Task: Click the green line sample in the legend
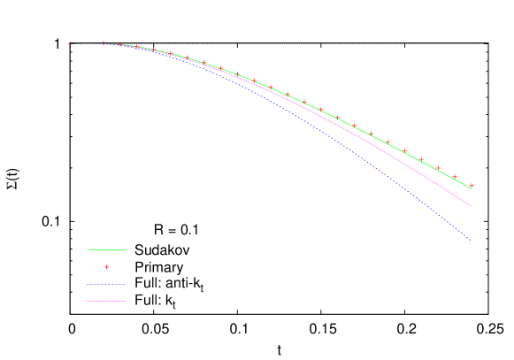coord(106,250)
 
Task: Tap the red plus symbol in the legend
coord(106,267)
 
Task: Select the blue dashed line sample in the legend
coord(106,285)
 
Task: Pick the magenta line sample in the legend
coord(106,302)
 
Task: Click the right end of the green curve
coord(472,188)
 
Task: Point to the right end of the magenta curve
coord(472,206)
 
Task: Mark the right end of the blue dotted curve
coord(471,240)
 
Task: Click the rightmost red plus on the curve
coord(472,186)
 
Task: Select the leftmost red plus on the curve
coord(70,42)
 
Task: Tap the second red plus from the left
coord(104,42)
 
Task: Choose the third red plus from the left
coord(120,44)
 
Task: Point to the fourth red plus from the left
coord(136,47)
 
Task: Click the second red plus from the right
coord(455,177)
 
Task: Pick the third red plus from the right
coord(438,168)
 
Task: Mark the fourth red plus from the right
coord(421,159)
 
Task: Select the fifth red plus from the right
coord(404,150)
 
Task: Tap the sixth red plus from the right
coord(387,142)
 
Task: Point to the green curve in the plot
coord(372,134)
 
